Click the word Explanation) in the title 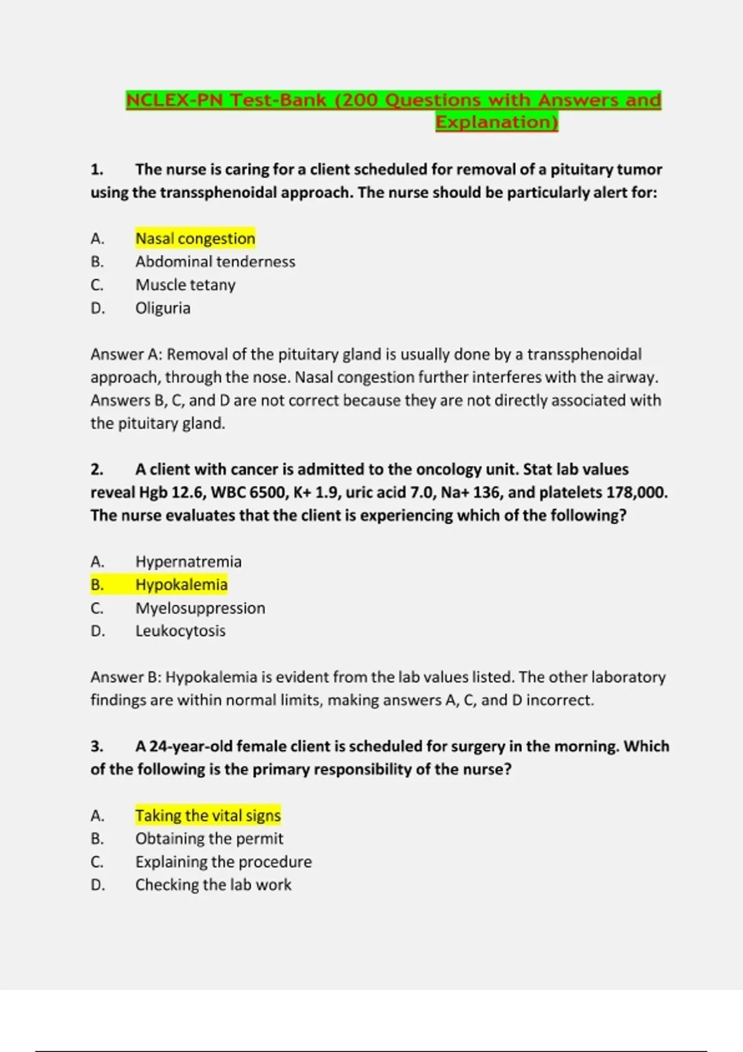coord(497,122)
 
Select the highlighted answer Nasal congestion coord(195,238)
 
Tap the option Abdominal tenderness coord(215,262)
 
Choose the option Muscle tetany coord(185,285)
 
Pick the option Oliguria coord(163,308)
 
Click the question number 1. coord(97,170)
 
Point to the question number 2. coord(97,470)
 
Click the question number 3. coord(97,746)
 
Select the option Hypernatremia coord(188,562)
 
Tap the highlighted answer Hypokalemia coord(181,585)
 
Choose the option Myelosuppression coord(200,608)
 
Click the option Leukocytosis coord(180,631)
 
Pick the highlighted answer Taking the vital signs coord(208,816)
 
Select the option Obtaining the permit coord(209,839)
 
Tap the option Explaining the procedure coord(224,862)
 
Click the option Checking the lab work coord(213,885)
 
